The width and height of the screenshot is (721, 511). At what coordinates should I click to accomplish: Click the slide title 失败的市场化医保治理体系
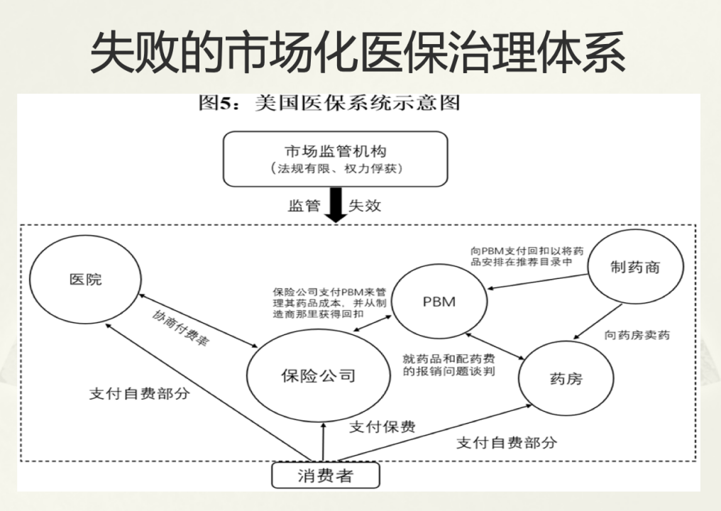[x=357, y=53]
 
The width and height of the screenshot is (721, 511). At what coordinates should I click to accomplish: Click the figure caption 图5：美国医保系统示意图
[x=329, y=103]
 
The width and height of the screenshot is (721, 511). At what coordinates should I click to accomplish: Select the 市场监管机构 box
[x=335, y=159]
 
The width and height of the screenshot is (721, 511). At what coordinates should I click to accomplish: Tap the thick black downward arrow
[x=336, y=205]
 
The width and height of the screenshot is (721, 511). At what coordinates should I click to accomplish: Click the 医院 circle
[x=86, y=279]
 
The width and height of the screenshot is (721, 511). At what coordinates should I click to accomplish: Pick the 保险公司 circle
[x=318, y=375]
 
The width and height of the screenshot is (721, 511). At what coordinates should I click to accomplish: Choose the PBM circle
[x=439, y=301]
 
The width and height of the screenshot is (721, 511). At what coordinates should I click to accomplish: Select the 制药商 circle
[x=635, y=267]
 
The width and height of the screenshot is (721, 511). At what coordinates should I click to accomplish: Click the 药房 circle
[x=566, y=378]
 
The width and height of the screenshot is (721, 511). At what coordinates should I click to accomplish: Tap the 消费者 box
[x=326, y=475]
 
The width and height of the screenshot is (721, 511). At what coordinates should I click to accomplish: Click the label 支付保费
[x=382, y=427]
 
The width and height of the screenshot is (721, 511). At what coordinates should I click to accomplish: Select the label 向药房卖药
[x=637, y=335]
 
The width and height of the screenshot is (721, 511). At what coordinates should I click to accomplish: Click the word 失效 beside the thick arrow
[x=365, y=205]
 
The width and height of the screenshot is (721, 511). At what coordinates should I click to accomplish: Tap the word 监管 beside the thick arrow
[x=304, y=205]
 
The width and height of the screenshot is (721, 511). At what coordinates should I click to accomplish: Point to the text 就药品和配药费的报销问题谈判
[x=448, y=365]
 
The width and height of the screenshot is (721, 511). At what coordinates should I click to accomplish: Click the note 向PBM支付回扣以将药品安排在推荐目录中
[x=527, y=256]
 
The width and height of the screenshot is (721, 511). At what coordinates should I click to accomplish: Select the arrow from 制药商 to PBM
[x=538, y=282]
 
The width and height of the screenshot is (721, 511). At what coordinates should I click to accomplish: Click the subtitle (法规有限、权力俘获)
[x=336, y=169]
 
